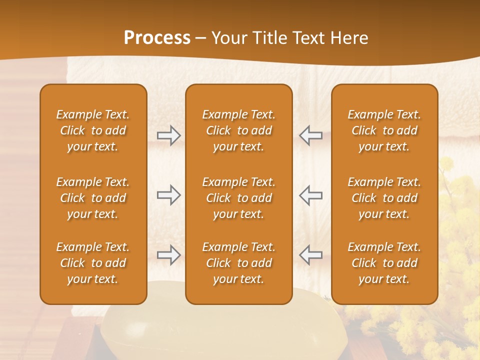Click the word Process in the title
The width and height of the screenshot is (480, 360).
pos(157,38)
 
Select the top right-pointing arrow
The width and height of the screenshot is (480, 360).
pos(168,135)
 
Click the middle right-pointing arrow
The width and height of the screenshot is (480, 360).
pos(168,195)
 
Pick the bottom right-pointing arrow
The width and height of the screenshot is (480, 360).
pos(168,255)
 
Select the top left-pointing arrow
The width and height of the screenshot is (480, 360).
pos(311,135)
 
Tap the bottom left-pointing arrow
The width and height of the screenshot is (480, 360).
pos(311,255)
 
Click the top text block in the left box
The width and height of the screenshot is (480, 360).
pos(93,130)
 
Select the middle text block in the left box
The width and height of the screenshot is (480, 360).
pos(93,198)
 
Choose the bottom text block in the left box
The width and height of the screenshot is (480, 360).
pos(93,263)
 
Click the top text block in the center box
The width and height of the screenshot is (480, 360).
pos(239,130)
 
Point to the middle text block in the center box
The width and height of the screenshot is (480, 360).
pos(239,198)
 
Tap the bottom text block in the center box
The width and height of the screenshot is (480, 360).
pos(239,263)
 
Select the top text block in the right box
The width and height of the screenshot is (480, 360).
pos(384,130)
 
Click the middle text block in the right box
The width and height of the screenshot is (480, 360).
pos(384,198)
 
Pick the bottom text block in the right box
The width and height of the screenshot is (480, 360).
pos(384,263)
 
